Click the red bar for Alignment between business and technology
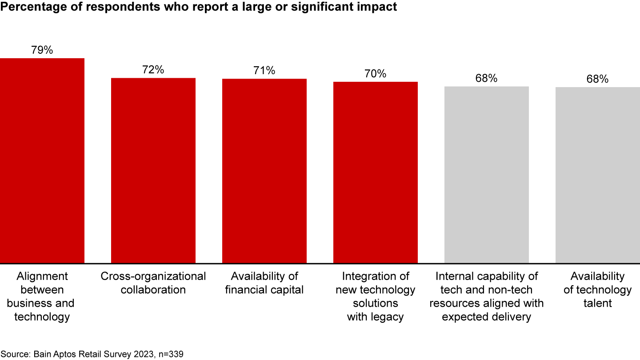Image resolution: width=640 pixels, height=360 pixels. click(x=42, y=160)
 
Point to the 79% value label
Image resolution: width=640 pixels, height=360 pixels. click(x=42, y=50)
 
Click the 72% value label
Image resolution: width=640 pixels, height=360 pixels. click(x=153, y=70)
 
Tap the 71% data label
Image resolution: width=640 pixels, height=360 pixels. click(x=264, y=71)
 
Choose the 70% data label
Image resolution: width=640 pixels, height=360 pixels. click(x=376, y=74)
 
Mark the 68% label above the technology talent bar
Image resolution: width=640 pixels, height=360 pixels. click(x=598, y=79)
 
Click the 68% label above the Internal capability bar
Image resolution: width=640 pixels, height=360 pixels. click(x=487, y=78)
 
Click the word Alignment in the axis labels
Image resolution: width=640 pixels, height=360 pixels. click(x=42, y=276)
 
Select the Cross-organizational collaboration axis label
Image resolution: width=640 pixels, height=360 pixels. click(x=153, y=283)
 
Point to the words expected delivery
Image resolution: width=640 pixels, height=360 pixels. click(x=487, y=317)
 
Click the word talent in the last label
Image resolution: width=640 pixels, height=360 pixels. click(x=598, y=304)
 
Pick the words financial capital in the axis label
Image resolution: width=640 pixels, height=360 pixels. click(x=264, y=290)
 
